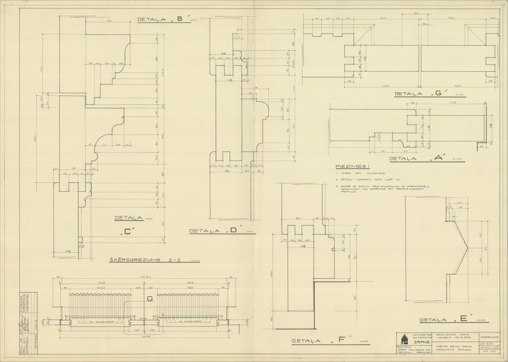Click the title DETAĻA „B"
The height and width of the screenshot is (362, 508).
(x=159, y=19)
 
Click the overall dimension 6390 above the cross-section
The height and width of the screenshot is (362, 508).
(x=144, y=276)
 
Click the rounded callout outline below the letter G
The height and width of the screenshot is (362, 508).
(x=143, y=327)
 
